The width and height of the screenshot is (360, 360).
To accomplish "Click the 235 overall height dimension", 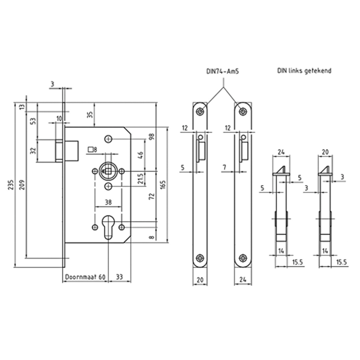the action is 11,185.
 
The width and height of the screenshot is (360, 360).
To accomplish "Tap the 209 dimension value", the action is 22,185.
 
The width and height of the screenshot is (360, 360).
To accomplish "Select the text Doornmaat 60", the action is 85,277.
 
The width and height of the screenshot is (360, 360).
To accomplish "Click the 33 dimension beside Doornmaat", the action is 119,277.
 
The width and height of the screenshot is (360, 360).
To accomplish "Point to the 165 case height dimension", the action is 163,185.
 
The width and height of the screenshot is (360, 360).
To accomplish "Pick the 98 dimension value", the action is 152,136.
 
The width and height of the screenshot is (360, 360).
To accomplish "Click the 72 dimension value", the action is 152,196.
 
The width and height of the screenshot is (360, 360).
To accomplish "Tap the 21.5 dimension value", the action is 141,178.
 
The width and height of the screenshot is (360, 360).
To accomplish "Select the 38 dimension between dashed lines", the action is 108,202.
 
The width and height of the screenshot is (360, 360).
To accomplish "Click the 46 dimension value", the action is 141,155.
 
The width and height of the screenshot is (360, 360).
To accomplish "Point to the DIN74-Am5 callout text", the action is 223,71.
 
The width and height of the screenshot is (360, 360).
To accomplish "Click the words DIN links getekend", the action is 304,70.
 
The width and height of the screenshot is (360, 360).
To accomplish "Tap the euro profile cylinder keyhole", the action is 108,227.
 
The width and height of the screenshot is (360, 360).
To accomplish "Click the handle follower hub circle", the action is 108,171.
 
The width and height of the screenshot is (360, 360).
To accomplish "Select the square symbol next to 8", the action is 91,150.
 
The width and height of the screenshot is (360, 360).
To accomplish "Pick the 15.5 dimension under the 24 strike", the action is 298,262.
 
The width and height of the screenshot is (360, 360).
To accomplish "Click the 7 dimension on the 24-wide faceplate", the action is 225,167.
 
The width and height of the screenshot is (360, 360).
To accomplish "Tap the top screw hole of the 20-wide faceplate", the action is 200,112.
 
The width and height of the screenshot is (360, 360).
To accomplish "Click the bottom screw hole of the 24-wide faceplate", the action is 243,258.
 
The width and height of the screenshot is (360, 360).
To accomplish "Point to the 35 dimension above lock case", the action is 90,115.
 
